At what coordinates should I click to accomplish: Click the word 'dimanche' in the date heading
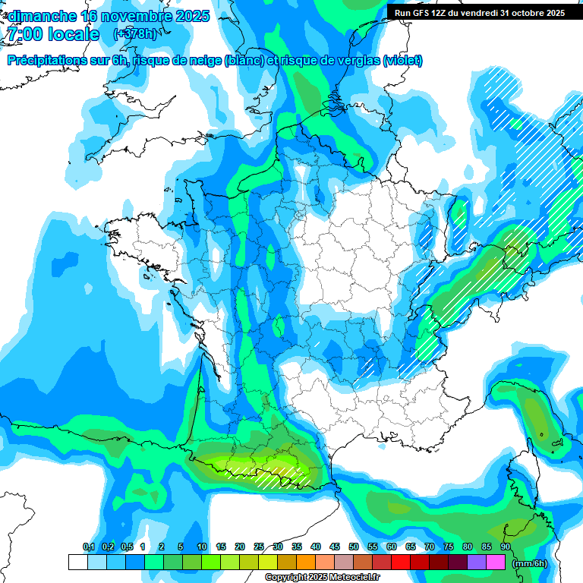coord(42,16)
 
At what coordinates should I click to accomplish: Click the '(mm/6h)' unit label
coord(528,563)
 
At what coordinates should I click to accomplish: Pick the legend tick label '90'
coord(505,547)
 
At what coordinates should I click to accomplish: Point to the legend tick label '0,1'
coord(88,547)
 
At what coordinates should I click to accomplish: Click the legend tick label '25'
coord(259,547)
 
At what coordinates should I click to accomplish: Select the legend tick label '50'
coord(354,547)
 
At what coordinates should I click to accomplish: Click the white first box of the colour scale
coord(78,563)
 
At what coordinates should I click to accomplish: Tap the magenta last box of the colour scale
coord(496,563)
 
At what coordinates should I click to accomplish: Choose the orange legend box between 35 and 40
coord(306,563)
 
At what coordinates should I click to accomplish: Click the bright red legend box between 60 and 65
coord(401,563)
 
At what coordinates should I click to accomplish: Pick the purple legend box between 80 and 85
coord(477,563)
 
